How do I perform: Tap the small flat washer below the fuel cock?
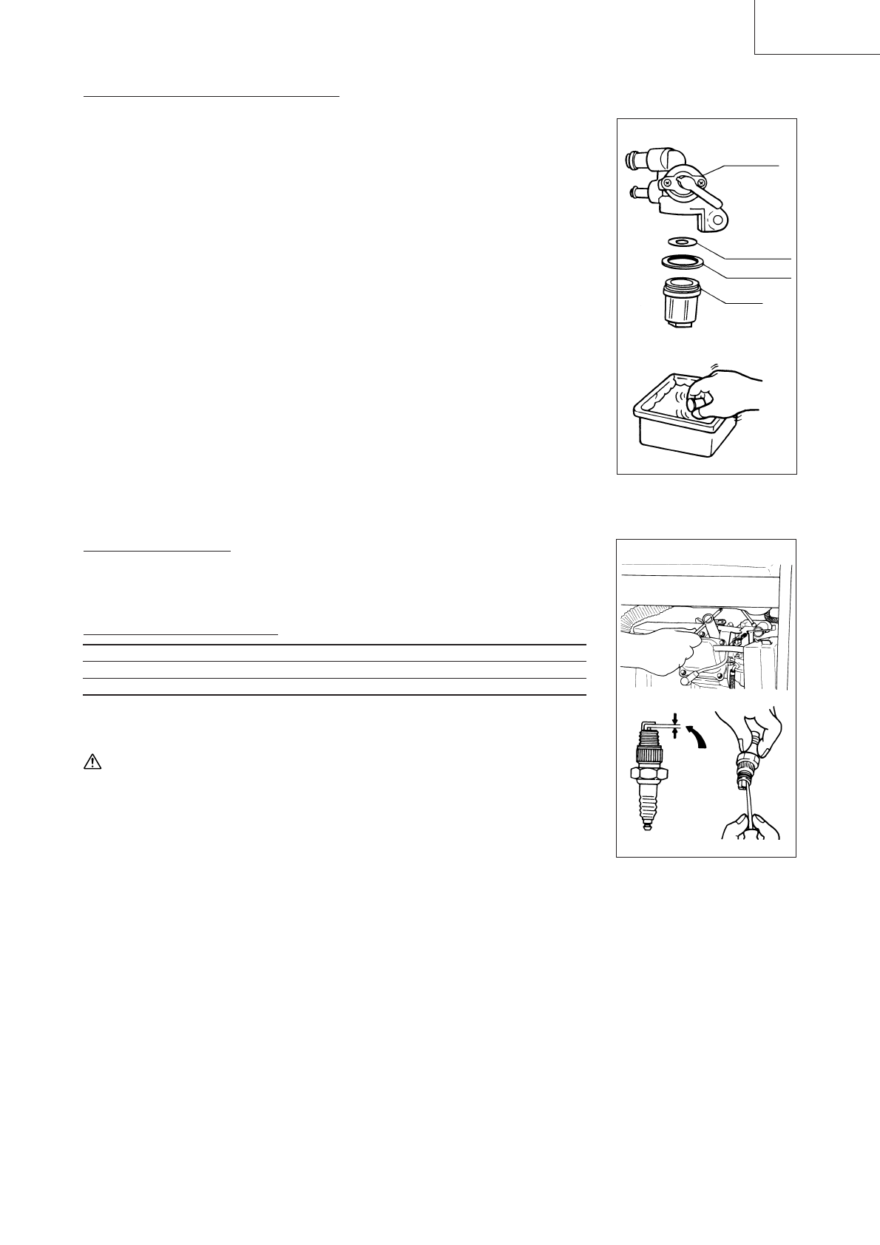pos(680,242)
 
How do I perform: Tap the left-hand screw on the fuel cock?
pos(667,181)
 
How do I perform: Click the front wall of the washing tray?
pos(680,444)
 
